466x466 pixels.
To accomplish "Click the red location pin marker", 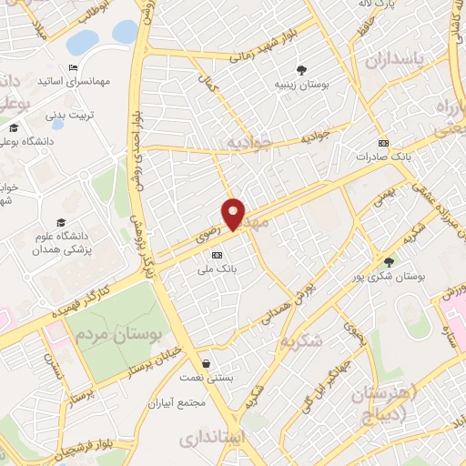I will [x=234, y=214].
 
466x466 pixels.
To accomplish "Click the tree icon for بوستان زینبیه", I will [x=301, y=70].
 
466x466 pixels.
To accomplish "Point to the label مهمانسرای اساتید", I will [x=74, y=82].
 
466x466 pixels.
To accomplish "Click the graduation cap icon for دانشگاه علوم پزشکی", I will [x=61, y=223].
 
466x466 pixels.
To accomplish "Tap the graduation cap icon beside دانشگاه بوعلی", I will [x=14, y=127].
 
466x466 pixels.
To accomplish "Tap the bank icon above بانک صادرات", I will [x=384, y=142].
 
